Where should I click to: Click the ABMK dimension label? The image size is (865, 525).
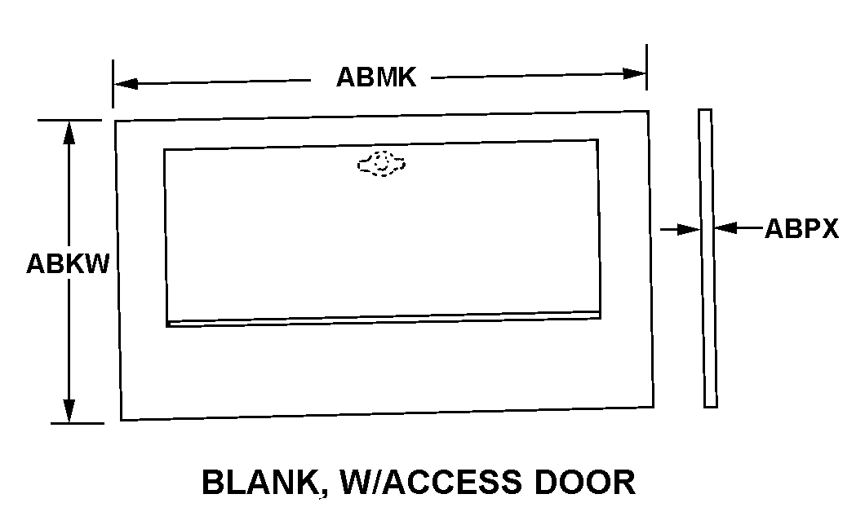(x=376, y=77)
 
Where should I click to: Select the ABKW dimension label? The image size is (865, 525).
(x=68, y=263)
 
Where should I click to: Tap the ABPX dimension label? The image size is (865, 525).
(x=801, y=228)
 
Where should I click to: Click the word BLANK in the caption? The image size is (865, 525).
(x=258, y=482)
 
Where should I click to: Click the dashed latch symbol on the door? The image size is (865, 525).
(x=381, y=164)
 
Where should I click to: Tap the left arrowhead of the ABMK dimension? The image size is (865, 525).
(x=126, y=84)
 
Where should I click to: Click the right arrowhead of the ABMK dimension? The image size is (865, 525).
(x=634, y=73)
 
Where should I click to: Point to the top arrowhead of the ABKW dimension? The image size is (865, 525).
(x=69, y=133)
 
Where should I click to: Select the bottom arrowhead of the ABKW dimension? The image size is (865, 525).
(x=69, y=410)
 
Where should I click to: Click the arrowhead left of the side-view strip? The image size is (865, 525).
(x=690, y=229)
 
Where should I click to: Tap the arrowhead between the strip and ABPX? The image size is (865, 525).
(x=725, y=227)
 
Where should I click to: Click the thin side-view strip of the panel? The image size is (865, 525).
(x=708, y=258)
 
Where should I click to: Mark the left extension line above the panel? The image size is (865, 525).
(x=113, y=84)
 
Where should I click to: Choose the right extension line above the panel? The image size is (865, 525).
(x=646, y=67)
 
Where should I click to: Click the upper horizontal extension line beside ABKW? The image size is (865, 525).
(x=70, y=120)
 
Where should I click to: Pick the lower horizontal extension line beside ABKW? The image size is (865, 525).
(x=78, y=424)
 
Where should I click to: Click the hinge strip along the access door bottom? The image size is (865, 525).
(x=384, y=320)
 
